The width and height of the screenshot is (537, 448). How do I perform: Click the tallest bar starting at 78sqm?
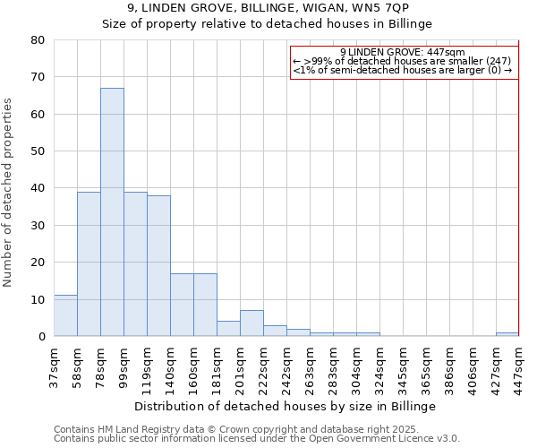click(112, 212)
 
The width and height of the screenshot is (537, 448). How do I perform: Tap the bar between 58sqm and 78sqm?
click(89, 264)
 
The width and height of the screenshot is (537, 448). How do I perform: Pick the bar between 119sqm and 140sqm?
click(158, 266)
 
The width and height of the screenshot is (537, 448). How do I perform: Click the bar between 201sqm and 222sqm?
click(251, 323)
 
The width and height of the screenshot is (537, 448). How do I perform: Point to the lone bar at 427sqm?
click(507, 334)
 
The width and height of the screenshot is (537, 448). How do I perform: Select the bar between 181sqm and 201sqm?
click(228, 329)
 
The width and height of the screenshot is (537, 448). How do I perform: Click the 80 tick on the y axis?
click(38, 40)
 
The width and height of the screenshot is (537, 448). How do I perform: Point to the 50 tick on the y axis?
click(38, 151)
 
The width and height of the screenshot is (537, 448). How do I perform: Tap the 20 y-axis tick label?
click(38, 263)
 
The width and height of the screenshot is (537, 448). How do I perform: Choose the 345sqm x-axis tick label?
click(405, 366)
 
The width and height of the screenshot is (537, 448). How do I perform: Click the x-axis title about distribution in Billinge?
click(286, 406)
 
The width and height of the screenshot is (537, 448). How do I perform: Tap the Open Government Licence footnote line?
click(257, 438)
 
